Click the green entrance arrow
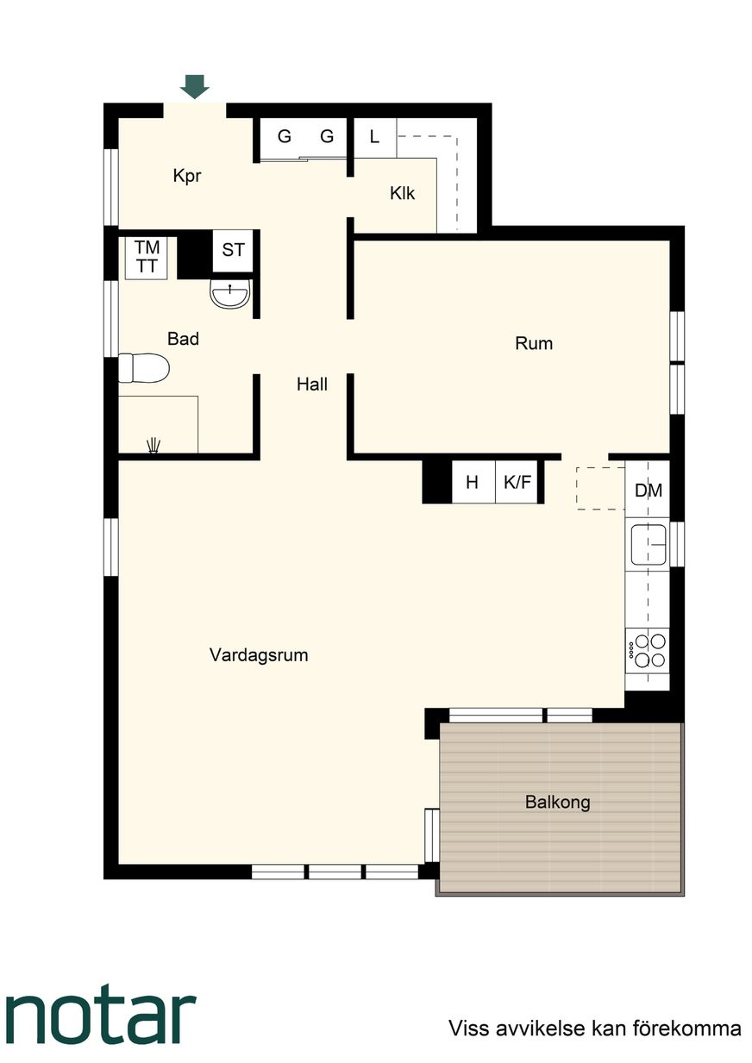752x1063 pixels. click(195, 87)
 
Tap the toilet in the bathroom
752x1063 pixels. click(143, 368)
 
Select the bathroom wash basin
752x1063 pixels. click(230, 294)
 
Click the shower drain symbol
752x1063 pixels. click(154, 446)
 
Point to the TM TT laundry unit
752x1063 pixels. click(147, 257)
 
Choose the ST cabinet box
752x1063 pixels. click(233, 251)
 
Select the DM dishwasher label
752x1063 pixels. click(649, 491)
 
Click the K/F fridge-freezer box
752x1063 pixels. click(517, 482)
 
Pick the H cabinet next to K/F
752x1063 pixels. click(473, 482)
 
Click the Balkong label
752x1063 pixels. click(558, 803)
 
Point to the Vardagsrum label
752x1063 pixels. click(259, 655)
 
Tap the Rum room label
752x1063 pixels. click(534, 344)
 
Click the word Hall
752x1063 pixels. click(312, 385)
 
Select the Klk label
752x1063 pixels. click(402, 194)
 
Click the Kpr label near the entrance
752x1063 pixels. click(187, 177)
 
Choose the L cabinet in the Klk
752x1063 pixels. click(375, 138)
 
